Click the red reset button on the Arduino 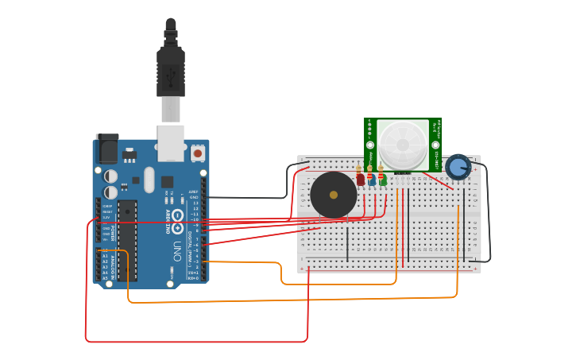pyautogui.click(x=197, y=151)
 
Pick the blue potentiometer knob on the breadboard pyautogui.click(x=458, y=167)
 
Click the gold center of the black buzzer pyautogui.click(x=333, y=195)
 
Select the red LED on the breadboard pyautogui.click(x=361, y=180)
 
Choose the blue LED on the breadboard pyautogui.click(x=372, y=180)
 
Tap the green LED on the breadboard pyautogui.click(x=383, y=180)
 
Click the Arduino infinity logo pyautogui.click(x=178, y=216)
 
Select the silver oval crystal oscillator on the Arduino pyautogui.click(x=149, y=180)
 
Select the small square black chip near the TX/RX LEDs pyautogui.click(x=168, y=181)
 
